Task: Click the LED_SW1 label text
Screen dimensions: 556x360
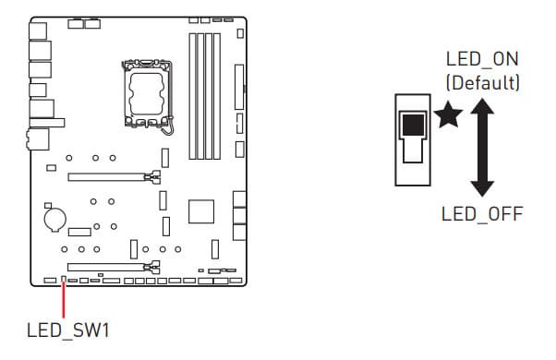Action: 68,330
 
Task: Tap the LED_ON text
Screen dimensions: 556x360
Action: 482,59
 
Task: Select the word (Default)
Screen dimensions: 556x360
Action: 483,82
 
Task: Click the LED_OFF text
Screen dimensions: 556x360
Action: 482,214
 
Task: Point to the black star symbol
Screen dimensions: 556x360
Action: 448,114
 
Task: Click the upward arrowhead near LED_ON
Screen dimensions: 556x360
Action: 482,106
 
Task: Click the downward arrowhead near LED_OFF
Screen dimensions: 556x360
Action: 482,188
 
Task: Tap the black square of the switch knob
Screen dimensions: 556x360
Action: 413,126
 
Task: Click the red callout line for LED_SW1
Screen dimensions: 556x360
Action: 64,300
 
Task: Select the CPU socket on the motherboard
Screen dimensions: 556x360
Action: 147,94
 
